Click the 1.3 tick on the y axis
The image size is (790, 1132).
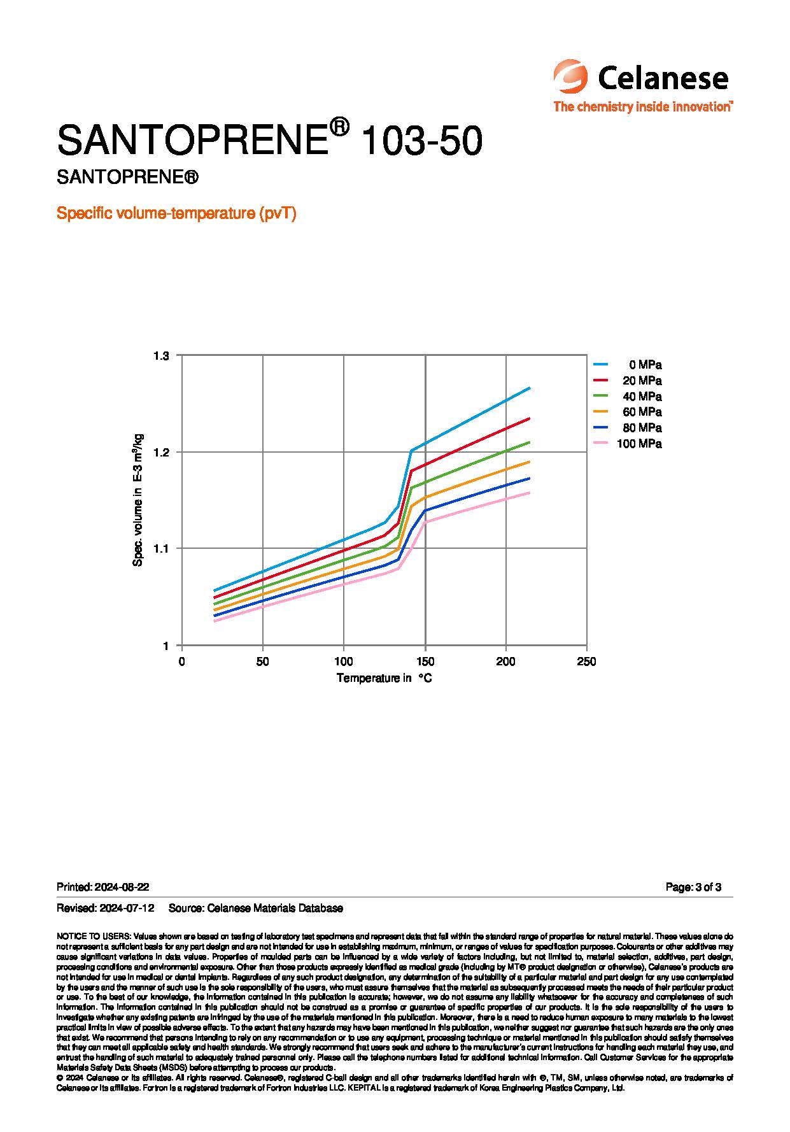[162, 355]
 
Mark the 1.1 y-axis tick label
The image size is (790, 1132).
[162, 549]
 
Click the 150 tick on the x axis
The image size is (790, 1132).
[425, 662]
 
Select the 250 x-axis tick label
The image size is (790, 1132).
[586, 662]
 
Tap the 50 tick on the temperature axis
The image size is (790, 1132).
[262, 662]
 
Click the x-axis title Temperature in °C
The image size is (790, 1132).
[384, 678]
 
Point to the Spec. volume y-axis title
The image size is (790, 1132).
[138, 500]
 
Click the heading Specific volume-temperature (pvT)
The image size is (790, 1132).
[176, 213]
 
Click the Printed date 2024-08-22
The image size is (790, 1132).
[122, 887]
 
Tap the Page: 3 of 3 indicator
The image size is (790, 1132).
[693, 887]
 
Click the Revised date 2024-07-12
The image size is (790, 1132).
[127, 908]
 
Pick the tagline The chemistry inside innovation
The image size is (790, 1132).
[642, 106]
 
